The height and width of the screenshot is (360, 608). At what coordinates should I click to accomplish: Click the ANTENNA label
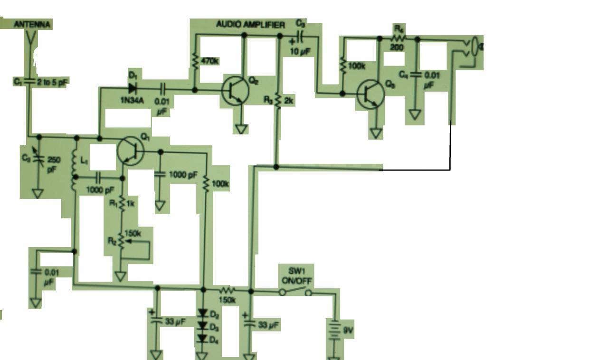click(32, 24)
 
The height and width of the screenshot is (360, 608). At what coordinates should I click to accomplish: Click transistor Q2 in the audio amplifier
click(235, 90)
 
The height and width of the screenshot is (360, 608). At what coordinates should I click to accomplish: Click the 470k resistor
click(195, 60)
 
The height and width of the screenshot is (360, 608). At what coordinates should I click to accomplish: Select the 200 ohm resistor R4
click(398, 38)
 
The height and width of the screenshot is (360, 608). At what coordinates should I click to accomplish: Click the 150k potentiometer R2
click(122, 241)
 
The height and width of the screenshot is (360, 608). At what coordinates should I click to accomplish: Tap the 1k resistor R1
click(122, 204)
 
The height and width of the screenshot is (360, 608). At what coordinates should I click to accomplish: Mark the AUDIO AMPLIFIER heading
click(250, 24)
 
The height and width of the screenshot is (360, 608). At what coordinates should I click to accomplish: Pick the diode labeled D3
click(203, 326)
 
